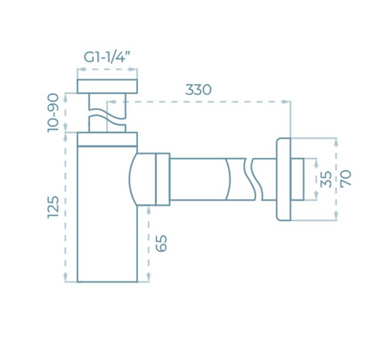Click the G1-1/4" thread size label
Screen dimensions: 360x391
(107, 55)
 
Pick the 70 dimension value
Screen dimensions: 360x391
(346, 178)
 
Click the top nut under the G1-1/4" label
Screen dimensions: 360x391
(108, 85)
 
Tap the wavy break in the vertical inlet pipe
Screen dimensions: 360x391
(108, 114)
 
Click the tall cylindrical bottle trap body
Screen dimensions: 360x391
(107, 219)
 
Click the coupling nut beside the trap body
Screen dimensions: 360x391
(161, 178)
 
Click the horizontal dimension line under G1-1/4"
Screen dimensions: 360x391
(108, 70)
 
